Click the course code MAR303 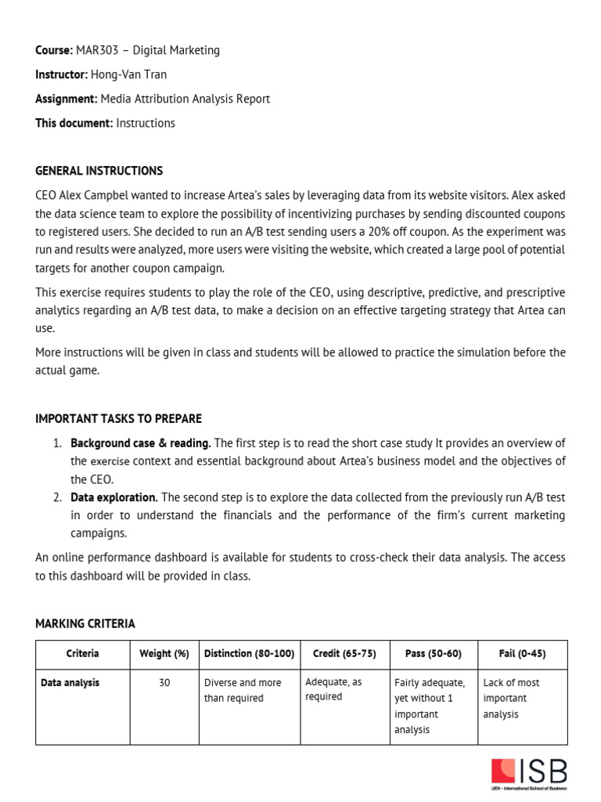(x=97, y=50)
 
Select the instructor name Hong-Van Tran (x=128, y=74)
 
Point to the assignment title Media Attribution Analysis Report (x=184, y=99)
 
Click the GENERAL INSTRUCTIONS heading (x=99, y=171)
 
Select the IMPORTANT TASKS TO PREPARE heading (x=118, y=419)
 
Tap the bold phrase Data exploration (x=114, y=497)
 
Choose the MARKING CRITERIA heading (x=85, y=623)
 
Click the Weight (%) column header (x=164, y=653)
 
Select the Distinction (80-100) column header (x=249, y=653)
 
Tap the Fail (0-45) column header (x=522, y=653)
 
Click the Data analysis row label (x=70, y=683)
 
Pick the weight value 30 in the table (x=164, y=683)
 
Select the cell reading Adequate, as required (x=334, y=689)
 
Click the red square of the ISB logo (x=502, y=770)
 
